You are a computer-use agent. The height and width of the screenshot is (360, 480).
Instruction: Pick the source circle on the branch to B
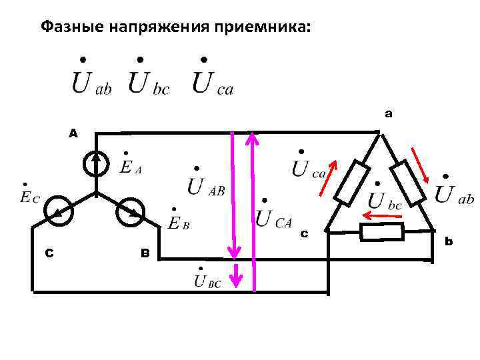pyautogui.click(x=129, y=213)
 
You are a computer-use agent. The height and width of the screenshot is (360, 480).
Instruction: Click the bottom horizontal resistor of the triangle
pyautogui.click(x=381, y=232)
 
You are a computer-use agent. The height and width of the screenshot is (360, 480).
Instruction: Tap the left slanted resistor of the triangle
pyautogui.click(x=351, y=181)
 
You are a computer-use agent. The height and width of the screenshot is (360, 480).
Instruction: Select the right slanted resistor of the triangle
pyautogui.click(x=408, y=181)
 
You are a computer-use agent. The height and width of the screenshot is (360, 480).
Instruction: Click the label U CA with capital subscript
pyautogui.click(x=274, y=216)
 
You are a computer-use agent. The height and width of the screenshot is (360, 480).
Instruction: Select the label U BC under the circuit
pyautogui.click(x=207, y=281)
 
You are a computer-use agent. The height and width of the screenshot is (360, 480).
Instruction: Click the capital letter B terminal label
pyautogui.click(x=145, y=253)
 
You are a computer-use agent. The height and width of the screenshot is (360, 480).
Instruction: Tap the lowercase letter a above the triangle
pyautogui.click(x=389, y=114)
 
